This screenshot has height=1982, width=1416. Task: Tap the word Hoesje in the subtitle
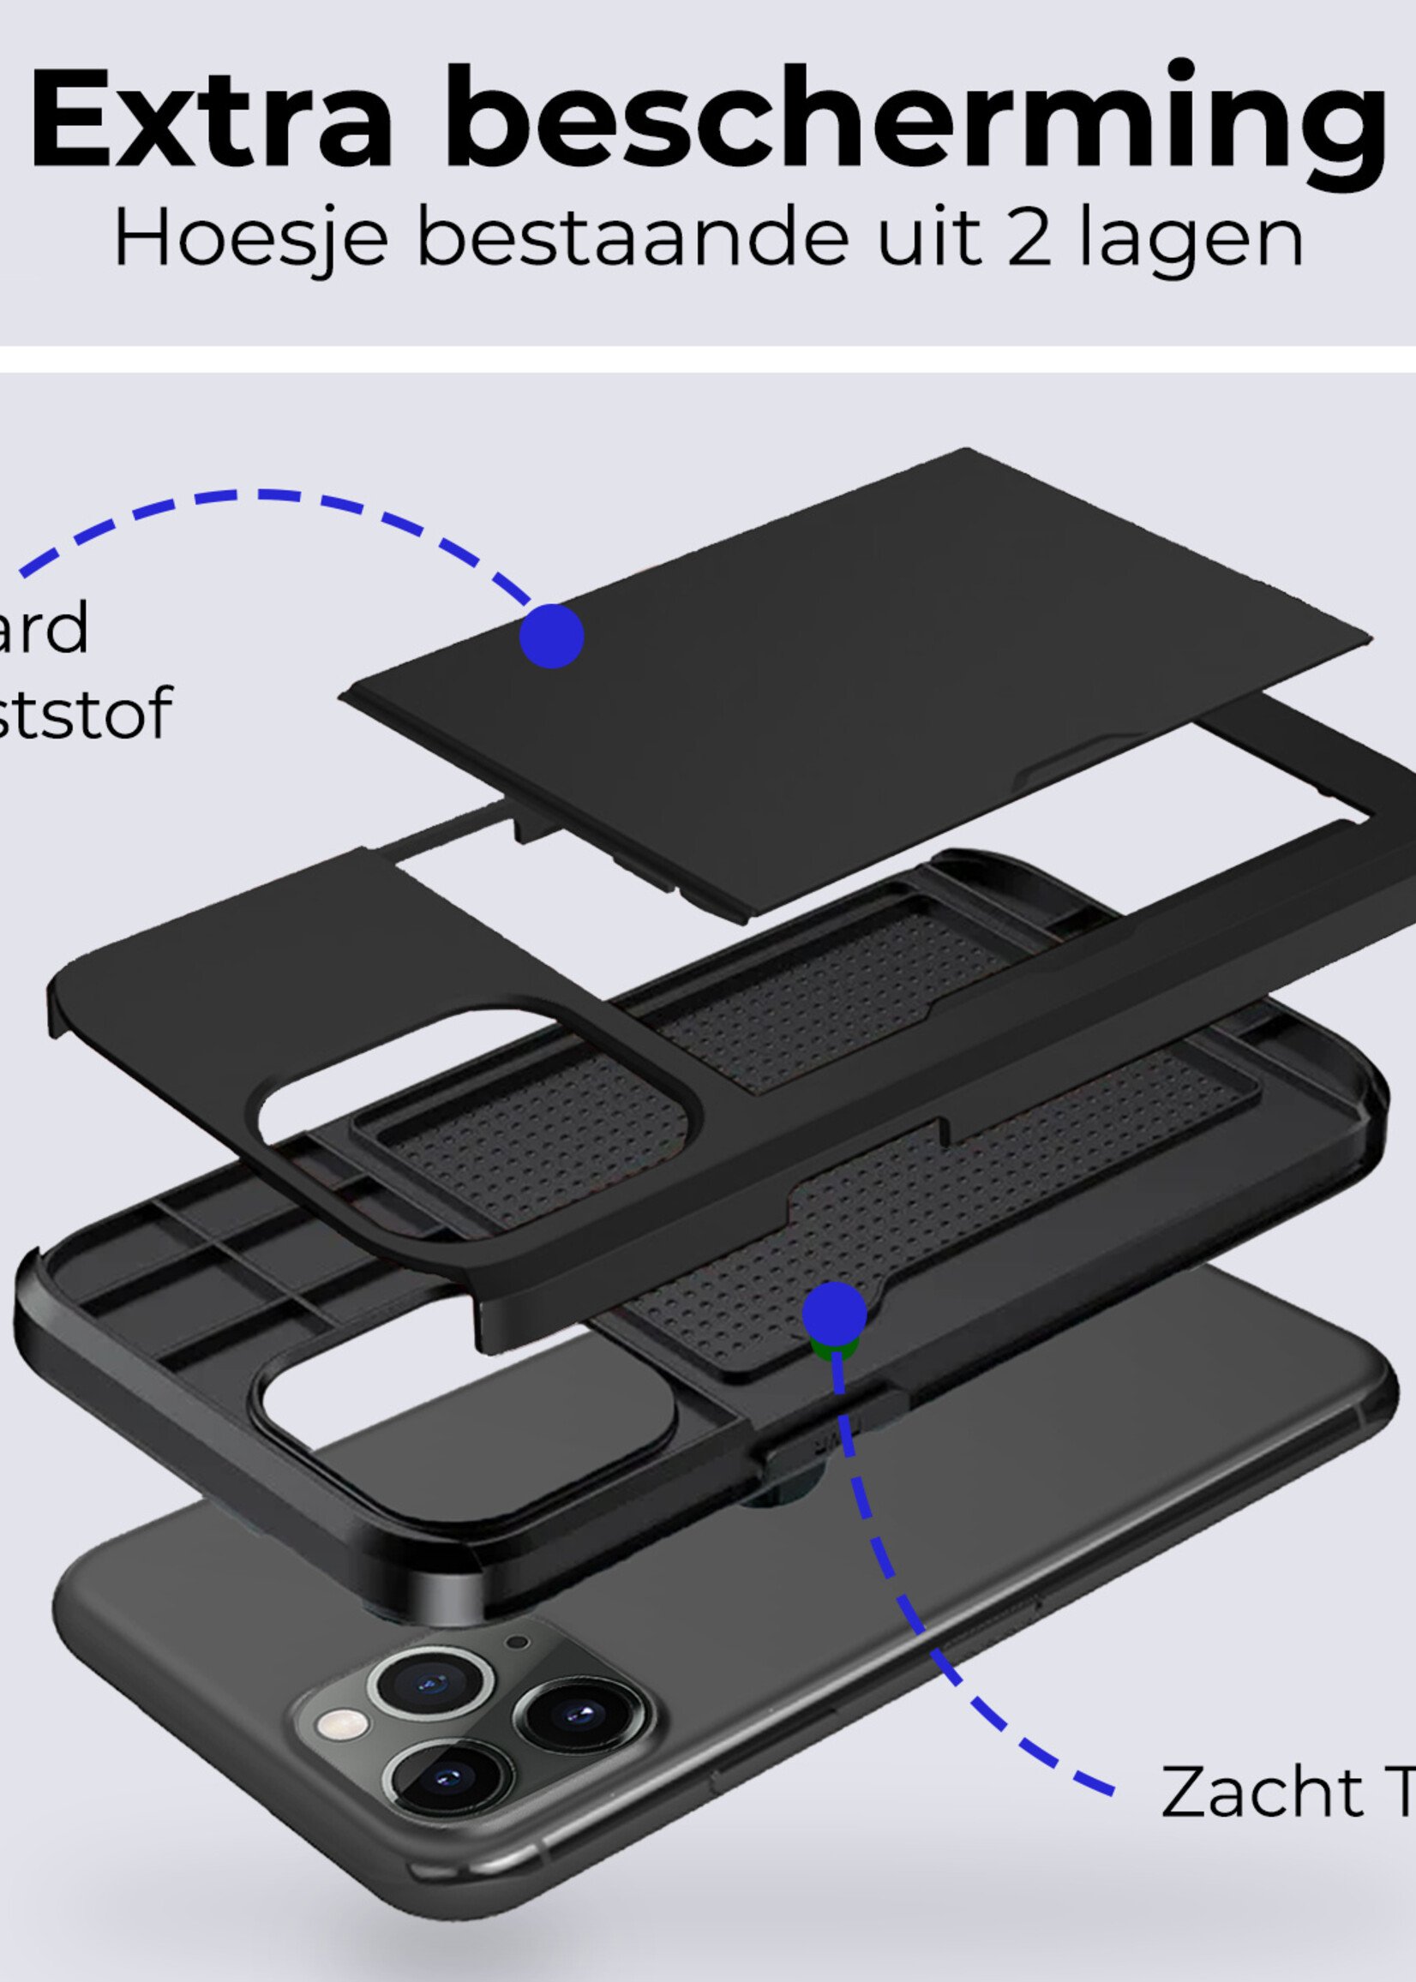pos(250,238)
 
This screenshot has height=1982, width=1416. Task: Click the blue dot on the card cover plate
pos(551,636)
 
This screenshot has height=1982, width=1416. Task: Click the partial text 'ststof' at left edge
pos(83,714)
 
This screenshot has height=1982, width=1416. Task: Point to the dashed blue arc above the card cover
pos(261,496)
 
